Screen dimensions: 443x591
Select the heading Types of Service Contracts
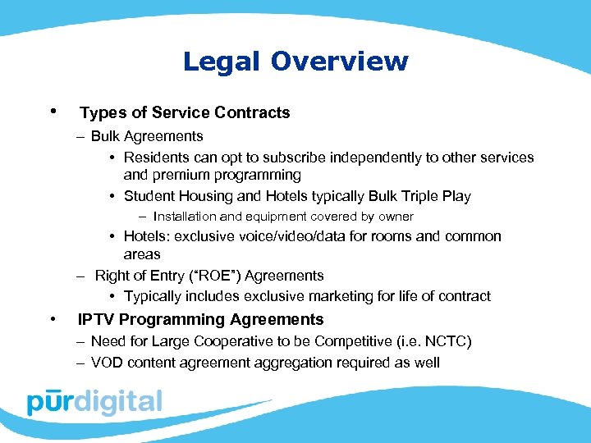click(185, 113)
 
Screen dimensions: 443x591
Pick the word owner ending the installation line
click(395, 217)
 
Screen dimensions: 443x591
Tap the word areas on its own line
click(142, 254)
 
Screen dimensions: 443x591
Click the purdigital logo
click(94, 402)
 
